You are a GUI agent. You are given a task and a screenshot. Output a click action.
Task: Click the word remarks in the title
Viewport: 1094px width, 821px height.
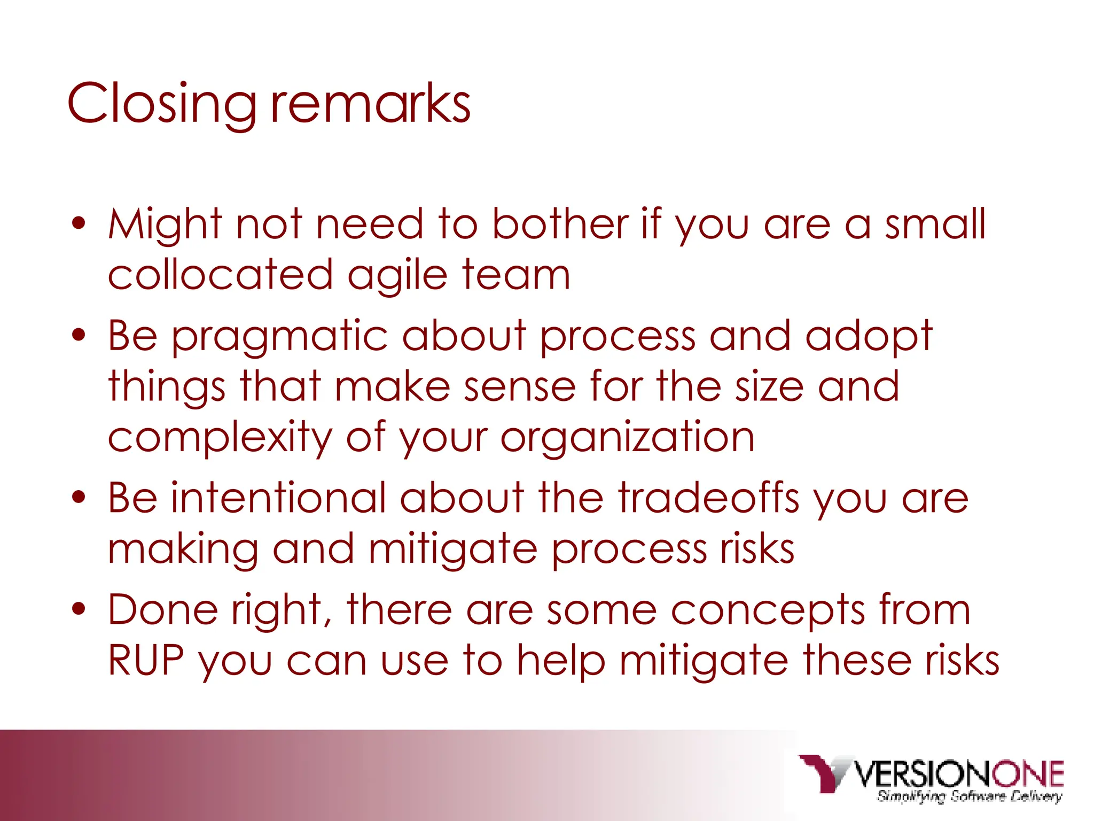click(x=370, y=104)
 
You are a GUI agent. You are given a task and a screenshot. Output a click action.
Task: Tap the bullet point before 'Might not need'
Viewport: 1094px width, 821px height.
click(x=79, y=223)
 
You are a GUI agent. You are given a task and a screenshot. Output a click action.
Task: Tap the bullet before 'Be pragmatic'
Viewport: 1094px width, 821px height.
click(x=79, y=335)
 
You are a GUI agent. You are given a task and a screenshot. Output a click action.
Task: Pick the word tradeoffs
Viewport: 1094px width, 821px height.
click(x=709, y=498)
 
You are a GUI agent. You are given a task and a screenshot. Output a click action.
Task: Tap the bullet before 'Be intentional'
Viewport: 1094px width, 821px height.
click(x=79, y=498)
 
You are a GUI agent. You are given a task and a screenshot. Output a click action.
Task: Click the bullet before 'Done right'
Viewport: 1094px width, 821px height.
click(x=79, y=609)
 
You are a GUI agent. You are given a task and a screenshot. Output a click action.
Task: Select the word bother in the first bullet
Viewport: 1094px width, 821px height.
click(x=560, y=223)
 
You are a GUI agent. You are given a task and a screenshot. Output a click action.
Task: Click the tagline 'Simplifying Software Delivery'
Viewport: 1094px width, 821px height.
click(x=969, y=797)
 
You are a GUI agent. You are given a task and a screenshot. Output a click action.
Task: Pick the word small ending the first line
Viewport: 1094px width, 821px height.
click(x=935, y=223)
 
